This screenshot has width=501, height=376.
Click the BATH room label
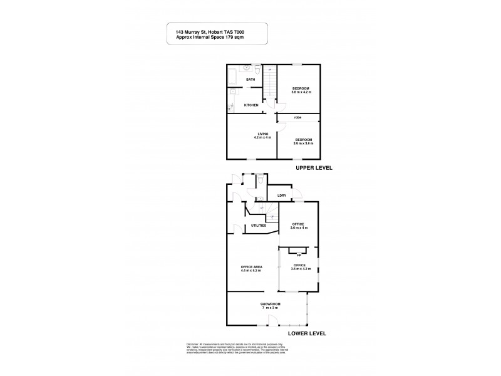(250, 80)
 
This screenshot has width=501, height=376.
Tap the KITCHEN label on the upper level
(252, 105)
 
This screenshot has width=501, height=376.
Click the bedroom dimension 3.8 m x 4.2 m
(301, 92)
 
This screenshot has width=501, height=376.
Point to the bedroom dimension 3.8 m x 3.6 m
(302, 144)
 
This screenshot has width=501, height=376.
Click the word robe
(299, 117)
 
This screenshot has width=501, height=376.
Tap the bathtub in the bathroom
(231, 76)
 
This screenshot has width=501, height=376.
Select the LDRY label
(282, 196)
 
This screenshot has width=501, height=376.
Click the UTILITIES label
(259, 225)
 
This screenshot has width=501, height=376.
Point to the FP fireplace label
(299, 256)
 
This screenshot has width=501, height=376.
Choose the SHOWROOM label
(271, 304)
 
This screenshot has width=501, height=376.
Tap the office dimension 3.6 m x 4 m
(299, 228)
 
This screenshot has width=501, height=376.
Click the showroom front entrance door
(273, 321)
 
